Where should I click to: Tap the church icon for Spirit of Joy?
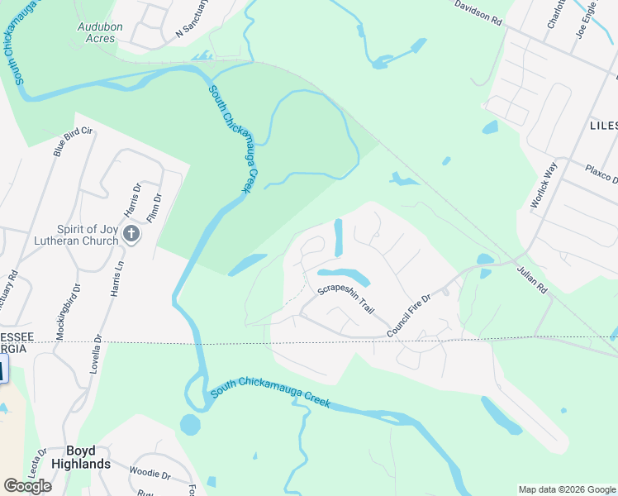[x=131, y=235]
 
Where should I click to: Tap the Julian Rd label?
[x=532, y=279]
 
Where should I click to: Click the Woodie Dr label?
[x=150, y=475]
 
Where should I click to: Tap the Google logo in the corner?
[x=27, y=486]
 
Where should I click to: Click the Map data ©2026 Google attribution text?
[x=567, y=489]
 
